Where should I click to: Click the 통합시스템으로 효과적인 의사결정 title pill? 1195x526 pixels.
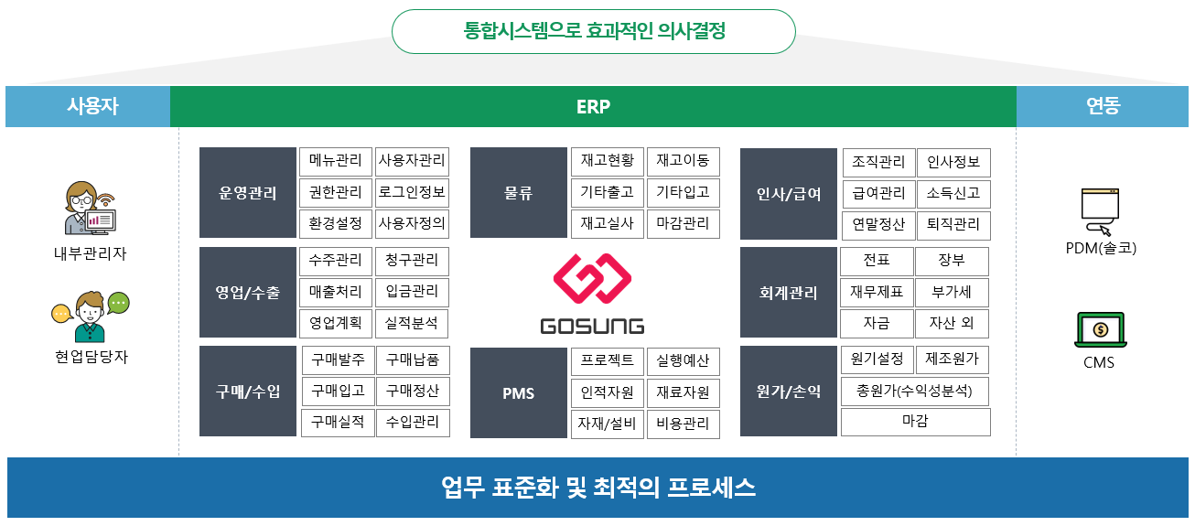tap(593, 31)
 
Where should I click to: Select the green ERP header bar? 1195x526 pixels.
tap(593, 106)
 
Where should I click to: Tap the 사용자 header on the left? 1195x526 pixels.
tap(88, 106)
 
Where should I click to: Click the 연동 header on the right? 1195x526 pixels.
tap(1103, 106)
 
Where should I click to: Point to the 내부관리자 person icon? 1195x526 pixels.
tap(89, 209)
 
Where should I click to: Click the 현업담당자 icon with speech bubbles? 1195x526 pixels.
tap(90, 315)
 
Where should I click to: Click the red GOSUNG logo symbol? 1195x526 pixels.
tap(592, 280)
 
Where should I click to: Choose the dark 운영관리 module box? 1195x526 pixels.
tap(248, 193)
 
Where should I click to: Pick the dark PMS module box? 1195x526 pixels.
tap(518, 393)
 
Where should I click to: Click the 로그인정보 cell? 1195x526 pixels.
tap(412, 193)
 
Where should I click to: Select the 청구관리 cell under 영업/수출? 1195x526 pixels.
tap(412, 261)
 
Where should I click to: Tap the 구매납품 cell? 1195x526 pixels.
tap(412, 360)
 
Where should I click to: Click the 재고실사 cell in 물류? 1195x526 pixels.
tap(607, 224)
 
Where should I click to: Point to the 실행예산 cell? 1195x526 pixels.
tap(683, 360)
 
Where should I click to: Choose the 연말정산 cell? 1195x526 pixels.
tap(878, 225)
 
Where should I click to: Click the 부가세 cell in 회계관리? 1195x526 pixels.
tap(952, 293)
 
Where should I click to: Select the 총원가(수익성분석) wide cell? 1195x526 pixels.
tap(915, 392)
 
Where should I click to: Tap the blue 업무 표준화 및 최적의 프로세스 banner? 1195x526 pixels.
tap(597, 487)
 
